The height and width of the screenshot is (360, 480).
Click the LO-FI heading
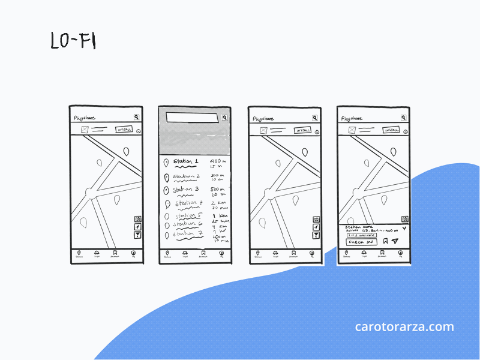[x=73, y=40]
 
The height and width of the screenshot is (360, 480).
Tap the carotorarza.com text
[x=404, y=327]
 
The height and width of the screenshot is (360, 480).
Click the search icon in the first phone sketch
[x=137, y=118]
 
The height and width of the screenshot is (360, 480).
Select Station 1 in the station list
[x=185, y=162]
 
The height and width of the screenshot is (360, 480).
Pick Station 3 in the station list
[x=185, y=190]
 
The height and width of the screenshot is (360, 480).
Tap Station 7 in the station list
[x=187, y=234]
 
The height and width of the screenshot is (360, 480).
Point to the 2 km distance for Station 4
[x=218, y=203]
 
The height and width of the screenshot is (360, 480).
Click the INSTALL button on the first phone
[x=124, y=130]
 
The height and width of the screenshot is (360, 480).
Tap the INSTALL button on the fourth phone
[x=392, y=130]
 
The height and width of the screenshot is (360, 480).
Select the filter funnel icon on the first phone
[x=137, y=236]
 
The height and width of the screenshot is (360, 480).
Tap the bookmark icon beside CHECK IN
[x=385, y=241]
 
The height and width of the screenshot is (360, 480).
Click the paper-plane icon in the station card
[x=395, y=241]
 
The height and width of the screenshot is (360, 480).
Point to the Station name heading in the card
[x=358, y=227]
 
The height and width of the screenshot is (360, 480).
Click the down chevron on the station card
[x=404, y=228]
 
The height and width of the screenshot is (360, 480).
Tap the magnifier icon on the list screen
[x=224, y=118]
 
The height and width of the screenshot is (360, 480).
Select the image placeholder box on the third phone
[x=263, y=130]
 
